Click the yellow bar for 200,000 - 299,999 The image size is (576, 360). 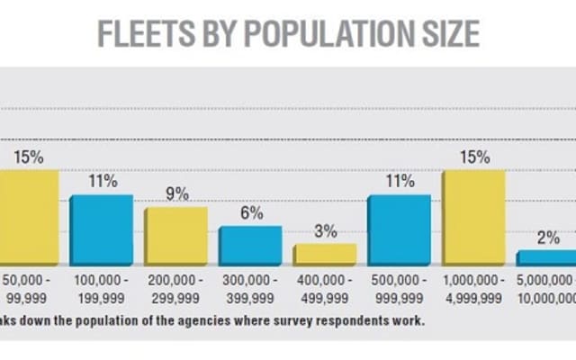click(x=176, y=236)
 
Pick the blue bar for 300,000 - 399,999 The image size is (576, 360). click(x=251, y=245)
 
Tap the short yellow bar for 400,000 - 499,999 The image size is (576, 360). click(x=325, y=254)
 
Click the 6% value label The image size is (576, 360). click(x=251, y=212)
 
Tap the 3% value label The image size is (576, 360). click(x=325, y=230)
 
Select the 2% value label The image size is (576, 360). click(x=547, y=238)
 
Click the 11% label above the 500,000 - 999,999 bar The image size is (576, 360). click(x=400, y=181)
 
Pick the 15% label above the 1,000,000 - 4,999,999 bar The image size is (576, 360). click(x=473, y=157)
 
